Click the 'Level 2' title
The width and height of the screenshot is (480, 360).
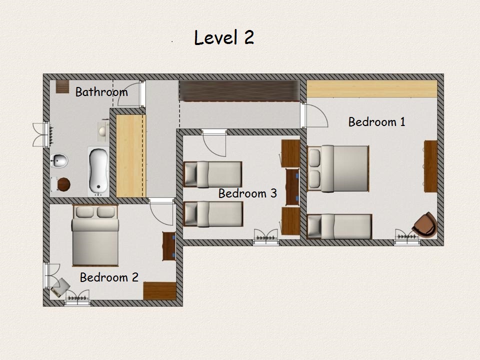(224, 37)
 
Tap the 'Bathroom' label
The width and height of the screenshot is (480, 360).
(101, 92)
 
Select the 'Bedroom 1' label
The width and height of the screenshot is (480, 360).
(377, 122)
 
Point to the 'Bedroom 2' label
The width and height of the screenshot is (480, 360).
(109, 277)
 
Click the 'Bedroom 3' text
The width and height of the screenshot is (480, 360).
(247, 193)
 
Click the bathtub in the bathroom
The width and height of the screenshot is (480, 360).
(98, 171)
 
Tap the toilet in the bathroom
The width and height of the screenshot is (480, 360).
(59, 160)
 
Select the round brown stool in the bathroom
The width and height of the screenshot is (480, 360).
(64, 184)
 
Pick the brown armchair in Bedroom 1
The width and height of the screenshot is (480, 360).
(425, 225)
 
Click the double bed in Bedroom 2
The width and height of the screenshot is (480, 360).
(95, 235)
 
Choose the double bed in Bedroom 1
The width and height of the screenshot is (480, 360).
(338, 168)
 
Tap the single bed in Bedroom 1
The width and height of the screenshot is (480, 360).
(339, 226)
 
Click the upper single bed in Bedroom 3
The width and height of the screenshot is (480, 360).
(213, 174)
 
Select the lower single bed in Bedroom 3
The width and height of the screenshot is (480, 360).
(213, 214)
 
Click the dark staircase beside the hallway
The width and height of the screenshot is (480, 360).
(239, 90)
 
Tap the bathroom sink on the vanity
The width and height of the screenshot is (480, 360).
(102, 131)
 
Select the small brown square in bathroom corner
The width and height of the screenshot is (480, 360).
(62, 86)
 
